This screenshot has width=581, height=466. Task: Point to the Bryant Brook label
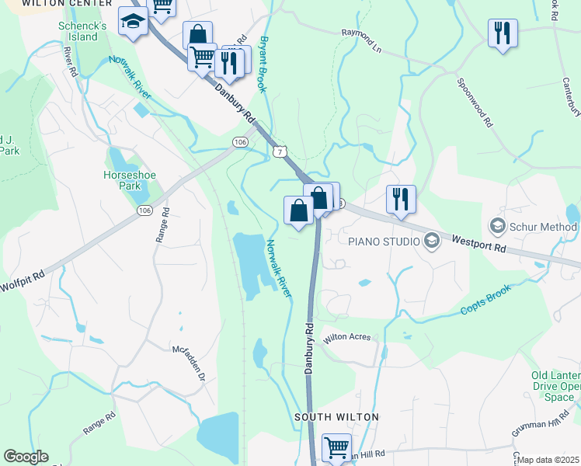[x=265, y=64]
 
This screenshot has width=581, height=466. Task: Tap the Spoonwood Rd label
[x=475, y=102]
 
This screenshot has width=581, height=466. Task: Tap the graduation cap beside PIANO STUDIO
[x=432, y=242]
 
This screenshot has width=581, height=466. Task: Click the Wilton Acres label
[x=347, y=338]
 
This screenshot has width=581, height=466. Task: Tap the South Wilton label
[x=336, y=417]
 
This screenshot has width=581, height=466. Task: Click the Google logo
[x=26, y=457]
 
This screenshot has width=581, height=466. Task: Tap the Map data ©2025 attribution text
[x=548, y=460]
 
